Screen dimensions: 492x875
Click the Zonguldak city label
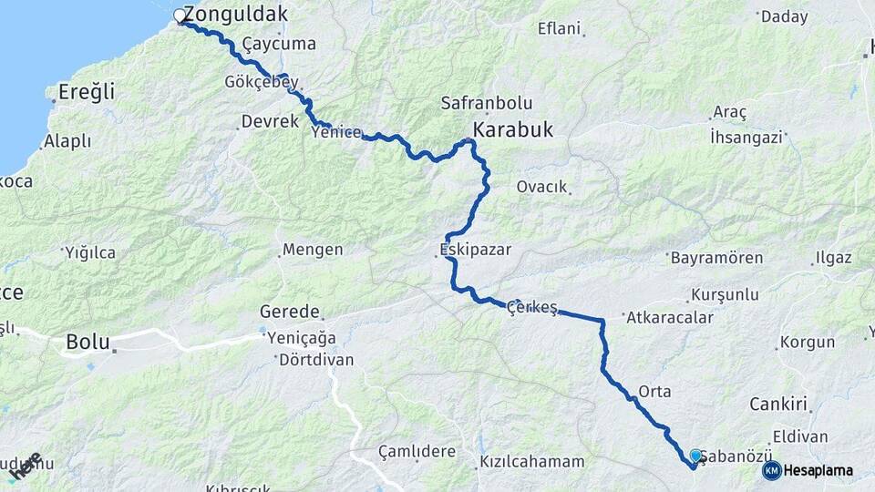(x=235, y=14)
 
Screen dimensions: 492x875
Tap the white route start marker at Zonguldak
(x=180, y=15)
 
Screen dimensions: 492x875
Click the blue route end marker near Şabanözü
(x=695, y=456)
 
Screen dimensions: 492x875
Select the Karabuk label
(x=512, y=129)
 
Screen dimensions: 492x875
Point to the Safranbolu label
(x=486, y=103)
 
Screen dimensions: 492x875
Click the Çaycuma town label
(x=279, y=44)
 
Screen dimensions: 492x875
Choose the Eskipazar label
(x=475, y=248)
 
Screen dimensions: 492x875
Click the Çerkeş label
(x=532, y=307)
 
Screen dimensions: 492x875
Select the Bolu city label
(x=87, y=343)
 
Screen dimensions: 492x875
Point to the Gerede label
(x=290, y=311)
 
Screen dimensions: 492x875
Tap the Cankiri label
(x=779, y=404)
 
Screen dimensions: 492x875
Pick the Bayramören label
(x=716, y=258)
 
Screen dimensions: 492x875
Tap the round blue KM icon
(x=771, y=470)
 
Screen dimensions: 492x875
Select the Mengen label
(x=313, y=250)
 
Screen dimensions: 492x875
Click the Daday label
(x=784, y=15)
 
